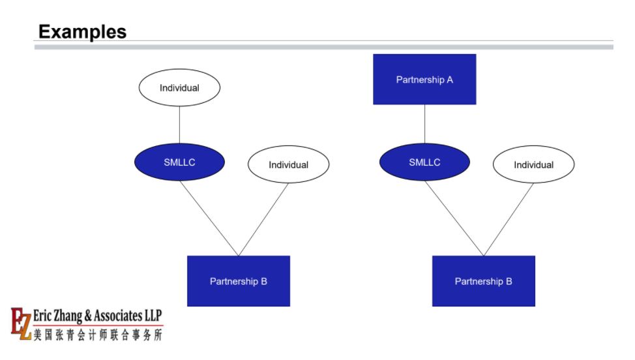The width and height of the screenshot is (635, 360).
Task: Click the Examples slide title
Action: click(82, 31)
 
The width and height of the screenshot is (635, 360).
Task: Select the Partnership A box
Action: click(424, 80)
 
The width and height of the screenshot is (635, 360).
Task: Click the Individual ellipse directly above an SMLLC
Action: click(179, 87)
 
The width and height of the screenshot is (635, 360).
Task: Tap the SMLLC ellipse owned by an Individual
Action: click(179, 162)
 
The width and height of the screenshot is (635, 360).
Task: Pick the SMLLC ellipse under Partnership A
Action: click(424, 162)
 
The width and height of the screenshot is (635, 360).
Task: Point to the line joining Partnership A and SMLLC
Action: click(424, 124)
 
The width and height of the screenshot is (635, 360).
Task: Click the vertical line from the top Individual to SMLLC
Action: click(179, 125)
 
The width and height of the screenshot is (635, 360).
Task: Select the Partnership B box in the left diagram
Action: click(239, 281)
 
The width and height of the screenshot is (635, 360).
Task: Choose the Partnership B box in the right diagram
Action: click(484, 281)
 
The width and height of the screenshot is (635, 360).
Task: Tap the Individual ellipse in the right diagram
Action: click(533, 164)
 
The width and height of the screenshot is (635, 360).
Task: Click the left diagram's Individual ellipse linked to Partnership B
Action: click(288, 164)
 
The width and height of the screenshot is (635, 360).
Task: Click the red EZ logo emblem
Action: click(21, 323)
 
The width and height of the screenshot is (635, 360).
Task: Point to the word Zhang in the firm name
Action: click(68, 316)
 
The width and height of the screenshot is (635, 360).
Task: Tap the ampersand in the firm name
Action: click(88, 316)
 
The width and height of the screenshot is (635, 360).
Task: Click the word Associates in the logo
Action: click(118, 316)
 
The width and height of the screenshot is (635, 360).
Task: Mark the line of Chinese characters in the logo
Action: click(98, 335)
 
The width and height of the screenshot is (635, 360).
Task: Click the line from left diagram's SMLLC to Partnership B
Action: click(209, 218)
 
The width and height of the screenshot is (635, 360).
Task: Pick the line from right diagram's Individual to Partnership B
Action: click(509, 220)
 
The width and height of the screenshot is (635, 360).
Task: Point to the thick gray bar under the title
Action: click(324, 47)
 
